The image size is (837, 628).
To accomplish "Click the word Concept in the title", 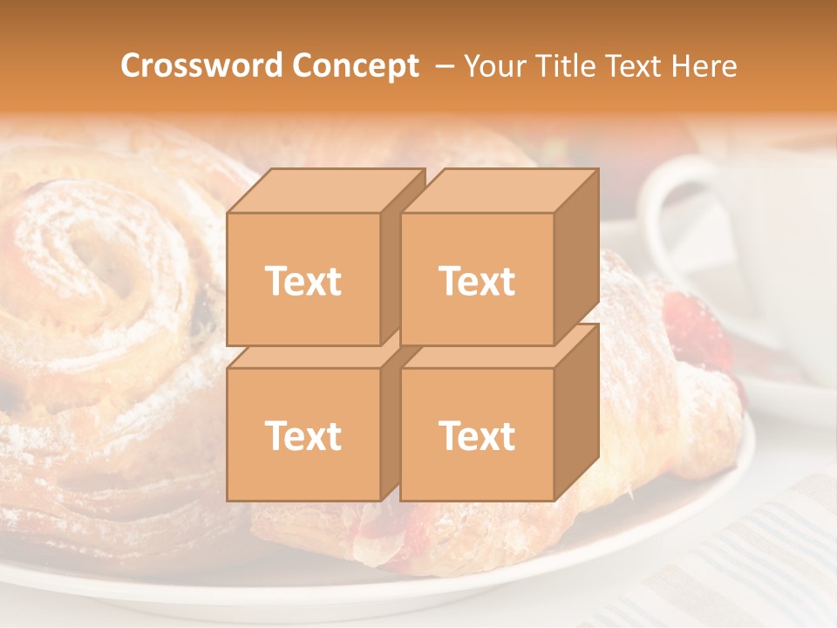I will (x=355, y=66).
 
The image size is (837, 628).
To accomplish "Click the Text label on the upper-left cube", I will (x=303, y=281).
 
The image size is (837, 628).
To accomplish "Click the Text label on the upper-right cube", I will (x=477, y=281).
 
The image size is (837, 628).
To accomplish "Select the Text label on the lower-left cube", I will (x=303, y=435).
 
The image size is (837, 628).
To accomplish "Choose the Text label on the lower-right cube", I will (x=477, y=435).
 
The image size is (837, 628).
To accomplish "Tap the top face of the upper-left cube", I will (x=324, y=191).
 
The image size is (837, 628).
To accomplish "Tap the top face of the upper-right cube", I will (x=499, y=191).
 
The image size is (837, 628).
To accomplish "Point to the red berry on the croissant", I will (x=697, y=327).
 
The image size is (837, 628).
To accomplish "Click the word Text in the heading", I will (x=634, y=66).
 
